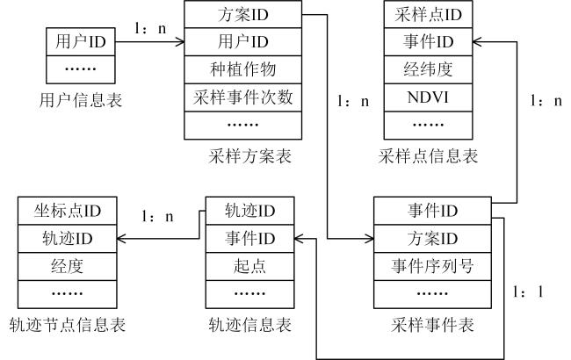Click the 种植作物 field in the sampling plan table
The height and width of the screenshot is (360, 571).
point(242,69)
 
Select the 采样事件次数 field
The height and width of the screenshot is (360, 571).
point(242,97)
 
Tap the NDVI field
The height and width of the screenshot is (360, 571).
point(428,97)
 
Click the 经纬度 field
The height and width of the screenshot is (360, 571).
point(428,69)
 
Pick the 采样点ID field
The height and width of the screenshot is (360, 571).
point(428,15)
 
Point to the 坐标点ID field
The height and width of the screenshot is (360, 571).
point(68,211)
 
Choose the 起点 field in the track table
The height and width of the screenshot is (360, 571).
point(249,266)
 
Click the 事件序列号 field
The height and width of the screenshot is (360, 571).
point(432,266)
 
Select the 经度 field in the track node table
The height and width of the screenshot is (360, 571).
point(68,266)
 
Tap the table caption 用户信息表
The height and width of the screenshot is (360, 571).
point(81,100)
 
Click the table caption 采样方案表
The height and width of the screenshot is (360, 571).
point(249,156)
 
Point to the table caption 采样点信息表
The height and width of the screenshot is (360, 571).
point(428,156)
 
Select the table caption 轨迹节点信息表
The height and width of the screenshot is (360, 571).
point(68,324)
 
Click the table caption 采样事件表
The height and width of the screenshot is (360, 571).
point(432,324)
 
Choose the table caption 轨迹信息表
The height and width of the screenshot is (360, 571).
point(249,324)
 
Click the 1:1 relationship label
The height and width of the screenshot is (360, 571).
point(528,292)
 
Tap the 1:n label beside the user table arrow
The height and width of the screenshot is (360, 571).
point(150,28)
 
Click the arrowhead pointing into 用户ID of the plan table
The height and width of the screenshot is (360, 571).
point(180,42)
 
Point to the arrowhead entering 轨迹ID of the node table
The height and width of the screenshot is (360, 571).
point(121,239)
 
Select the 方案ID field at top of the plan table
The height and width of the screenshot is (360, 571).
point(242,15)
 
